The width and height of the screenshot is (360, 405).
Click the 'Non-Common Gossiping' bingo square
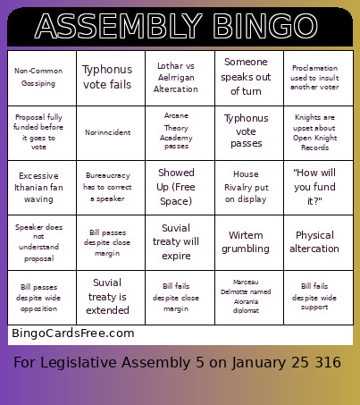pyautogui.click(x=42, y=76)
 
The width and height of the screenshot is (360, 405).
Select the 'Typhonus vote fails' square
pyautogui.click(x=111, y=76)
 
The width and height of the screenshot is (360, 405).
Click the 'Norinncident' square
pyautogui.click(x=111, y=131)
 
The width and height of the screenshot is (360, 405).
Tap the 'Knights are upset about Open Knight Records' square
pyautogui.click(x=317, y=131)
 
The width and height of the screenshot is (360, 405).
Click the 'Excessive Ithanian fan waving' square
pyautogui.click(x=42, y=186)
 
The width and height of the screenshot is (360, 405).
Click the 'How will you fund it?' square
pyautogui.click(x=317, y=186)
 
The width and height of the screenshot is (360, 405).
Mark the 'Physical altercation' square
pyautogui.click(x=317, y=241)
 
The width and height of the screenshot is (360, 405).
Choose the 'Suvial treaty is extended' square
pyautogui.click(x=111, y=296)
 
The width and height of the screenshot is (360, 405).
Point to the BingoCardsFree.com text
pyautogui.click(x=72, y=333)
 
